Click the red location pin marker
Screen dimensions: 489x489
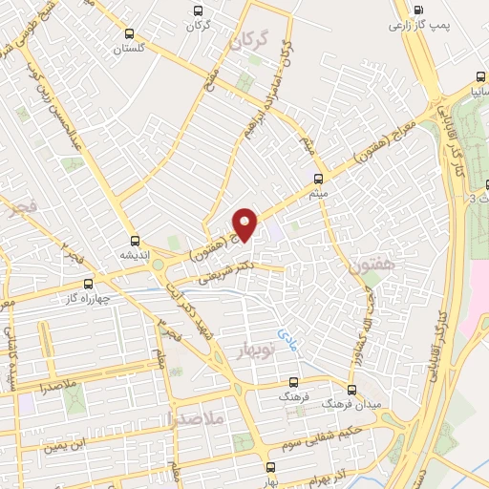246,224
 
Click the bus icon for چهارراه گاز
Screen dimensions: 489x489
89,284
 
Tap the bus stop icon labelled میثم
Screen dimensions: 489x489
319,179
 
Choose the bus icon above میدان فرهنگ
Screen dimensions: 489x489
352,390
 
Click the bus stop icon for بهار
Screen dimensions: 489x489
271,467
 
